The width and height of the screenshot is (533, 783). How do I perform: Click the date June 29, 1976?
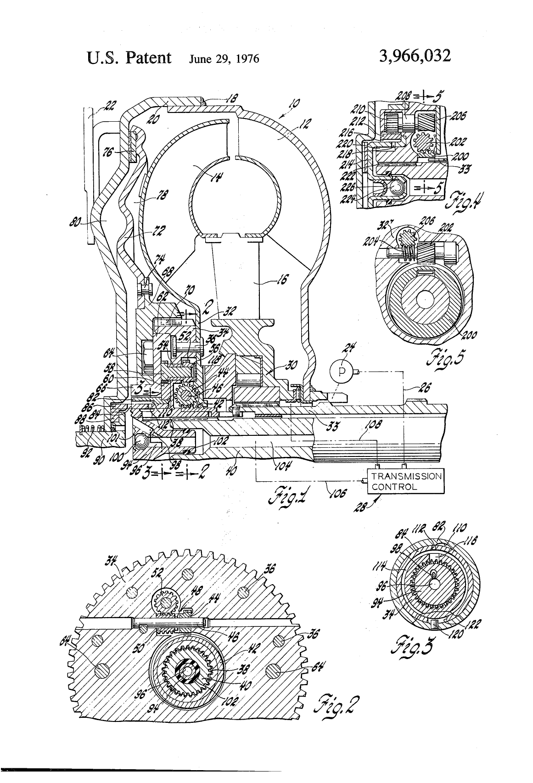(224, 59)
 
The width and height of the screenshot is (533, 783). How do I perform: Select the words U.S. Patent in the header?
(129, 57)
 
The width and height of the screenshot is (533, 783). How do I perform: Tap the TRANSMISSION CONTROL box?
(406, 481)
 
